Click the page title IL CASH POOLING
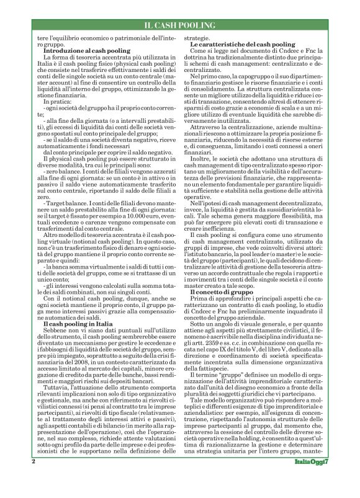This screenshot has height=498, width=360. pyautogui.click(x=179, y=25)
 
